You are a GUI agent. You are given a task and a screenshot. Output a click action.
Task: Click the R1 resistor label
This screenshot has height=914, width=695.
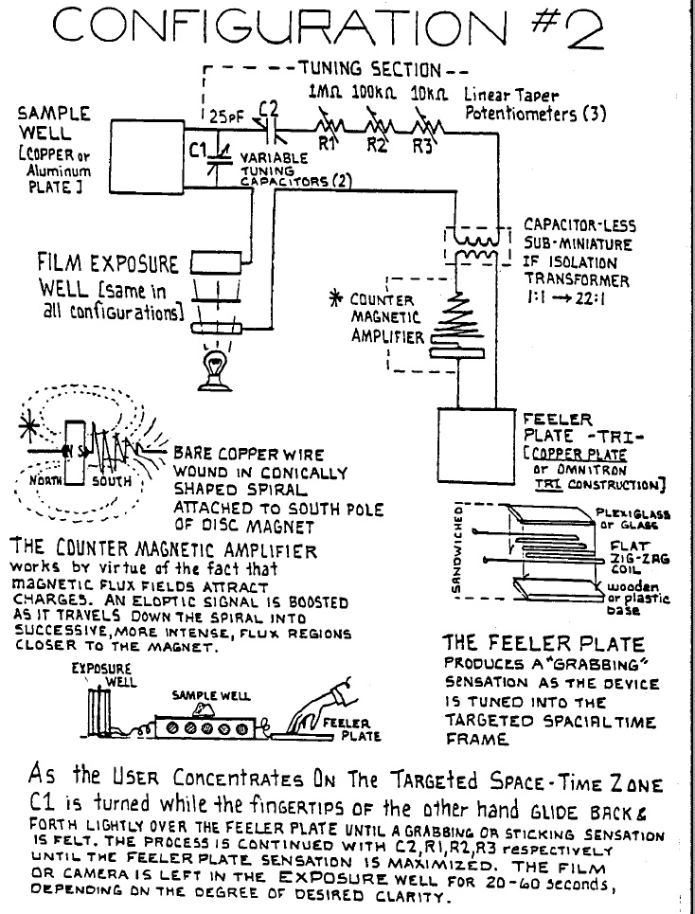[x=327, y=143]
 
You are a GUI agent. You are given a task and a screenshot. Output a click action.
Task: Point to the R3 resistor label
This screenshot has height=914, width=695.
[x=422, y=145]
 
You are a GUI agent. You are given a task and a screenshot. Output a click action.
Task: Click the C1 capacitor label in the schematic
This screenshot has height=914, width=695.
[x=199, y=151]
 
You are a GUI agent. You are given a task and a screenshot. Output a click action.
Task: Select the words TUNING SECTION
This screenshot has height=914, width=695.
[x=370, y=69]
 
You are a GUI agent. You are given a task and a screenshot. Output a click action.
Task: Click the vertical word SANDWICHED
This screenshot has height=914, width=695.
[x=458, y=548]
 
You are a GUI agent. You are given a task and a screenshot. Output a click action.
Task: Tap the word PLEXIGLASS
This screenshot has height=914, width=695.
[x=633, y=514]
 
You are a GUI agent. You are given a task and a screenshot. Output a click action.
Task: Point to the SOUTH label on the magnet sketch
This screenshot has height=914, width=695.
[x=112, y=481]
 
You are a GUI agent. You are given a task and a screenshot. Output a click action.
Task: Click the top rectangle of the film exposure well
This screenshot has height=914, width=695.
[x=217, y=262]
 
